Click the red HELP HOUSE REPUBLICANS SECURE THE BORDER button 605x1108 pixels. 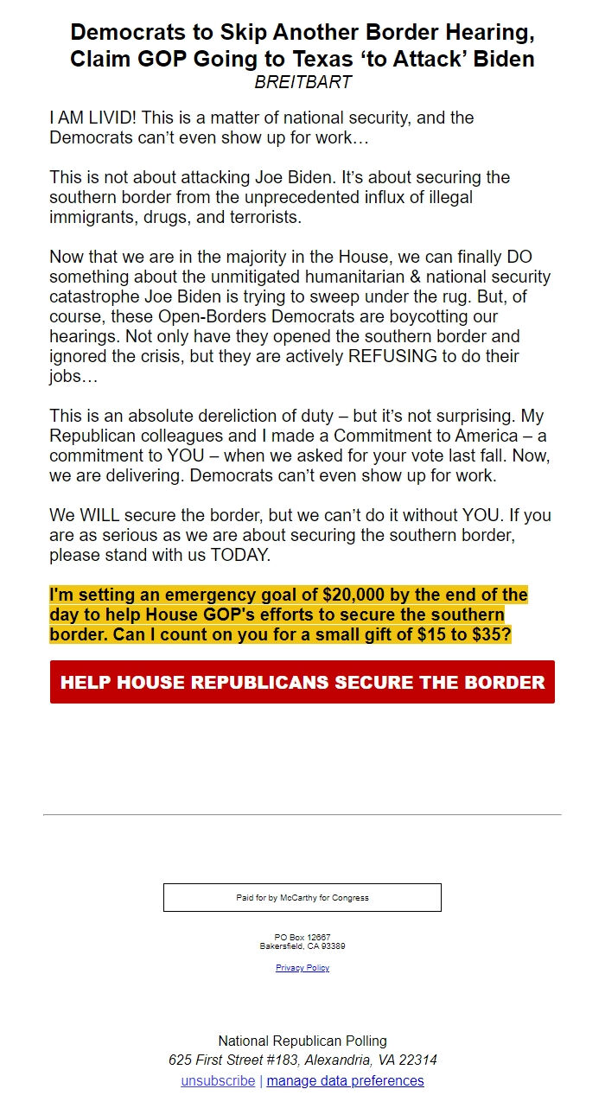click(302, 682)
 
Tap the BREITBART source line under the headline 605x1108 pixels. click(302, 82)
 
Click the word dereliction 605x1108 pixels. click(258, 416)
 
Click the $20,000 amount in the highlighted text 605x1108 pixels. click(354, 595)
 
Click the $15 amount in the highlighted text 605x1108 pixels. click(430, 635)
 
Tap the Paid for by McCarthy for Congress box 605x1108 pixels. click(302, 897)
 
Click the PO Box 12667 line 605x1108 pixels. click(302, 938)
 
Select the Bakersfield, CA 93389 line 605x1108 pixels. click(302, 946)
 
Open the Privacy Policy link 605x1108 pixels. click(302, 968)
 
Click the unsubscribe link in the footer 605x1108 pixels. click(218, 1081)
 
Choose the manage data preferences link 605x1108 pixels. click(345, 1081)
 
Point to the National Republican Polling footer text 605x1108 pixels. click(302, 1041)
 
